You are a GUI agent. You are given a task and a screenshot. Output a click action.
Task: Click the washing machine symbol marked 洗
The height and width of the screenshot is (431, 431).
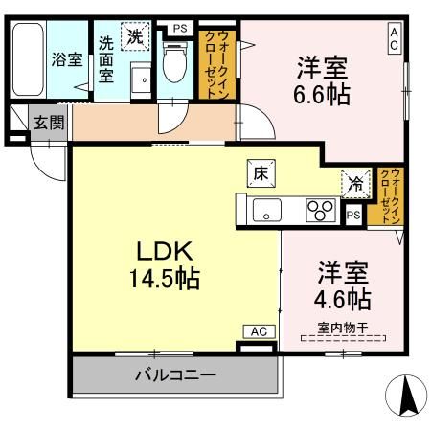pyautogui.click(x=137, y=37)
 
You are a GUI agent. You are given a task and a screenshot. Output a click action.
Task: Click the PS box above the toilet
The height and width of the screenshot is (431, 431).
pyautogui.click(x=179, y=27)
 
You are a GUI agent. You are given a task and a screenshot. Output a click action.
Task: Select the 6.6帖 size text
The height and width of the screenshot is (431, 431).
pyautogui.click(x=322, y=95)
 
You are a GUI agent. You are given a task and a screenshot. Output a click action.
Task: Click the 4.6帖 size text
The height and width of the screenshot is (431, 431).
pyautogui.click(x=344, y=298)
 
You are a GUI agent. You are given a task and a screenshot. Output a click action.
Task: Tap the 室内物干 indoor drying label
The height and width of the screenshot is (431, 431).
pyautogui.click(x=342, y=334)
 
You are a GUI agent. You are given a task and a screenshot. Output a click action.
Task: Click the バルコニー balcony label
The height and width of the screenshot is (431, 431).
pyautogui.click(x=174, y=374)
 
